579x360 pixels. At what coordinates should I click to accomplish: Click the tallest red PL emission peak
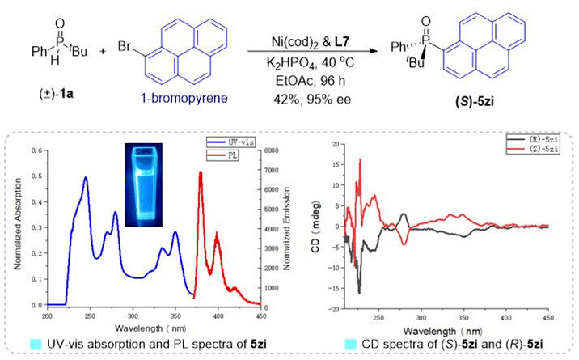pos(201,172)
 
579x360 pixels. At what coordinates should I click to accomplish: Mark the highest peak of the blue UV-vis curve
pos(85,177)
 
